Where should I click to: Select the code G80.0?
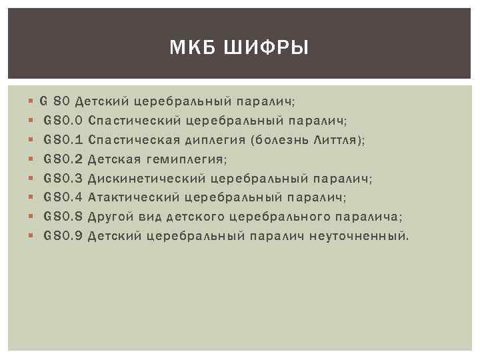tap(63, 121)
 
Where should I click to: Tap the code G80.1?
tap(63, 140)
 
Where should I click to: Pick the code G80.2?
tap(63, 159)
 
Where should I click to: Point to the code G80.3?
tap(63, 179)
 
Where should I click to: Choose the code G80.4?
tap(63, 197)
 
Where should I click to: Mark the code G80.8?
tap(63, 217)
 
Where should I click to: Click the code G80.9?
tap(63, 236)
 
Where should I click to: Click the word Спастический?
tap(135, 121)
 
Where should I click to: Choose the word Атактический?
tap(134, 197)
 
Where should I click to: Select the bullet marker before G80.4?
tap(32, 197)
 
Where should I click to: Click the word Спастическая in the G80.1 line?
tap(134, 140)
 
